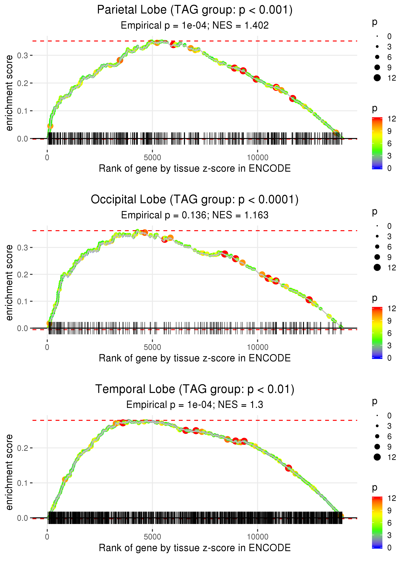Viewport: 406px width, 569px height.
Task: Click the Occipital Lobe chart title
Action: pos(195,200)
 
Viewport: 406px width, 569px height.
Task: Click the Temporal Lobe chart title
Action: pos(195,389)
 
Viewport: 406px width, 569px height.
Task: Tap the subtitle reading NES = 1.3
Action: pos(195,405)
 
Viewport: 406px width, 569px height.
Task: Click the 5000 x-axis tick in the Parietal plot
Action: pos(152,158)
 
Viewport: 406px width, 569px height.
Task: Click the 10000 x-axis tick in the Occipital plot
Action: pos(258,347)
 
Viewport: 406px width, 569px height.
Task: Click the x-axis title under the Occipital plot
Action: pos(195,358)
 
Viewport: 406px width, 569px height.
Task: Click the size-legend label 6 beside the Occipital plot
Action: pos(389,247)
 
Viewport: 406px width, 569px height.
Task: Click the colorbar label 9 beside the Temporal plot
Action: pos(389,510)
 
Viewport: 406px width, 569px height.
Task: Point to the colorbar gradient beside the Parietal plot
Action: pos(377,143)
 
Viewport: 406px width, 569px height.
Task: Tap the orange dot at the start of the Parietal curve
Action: pos(50,126)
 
